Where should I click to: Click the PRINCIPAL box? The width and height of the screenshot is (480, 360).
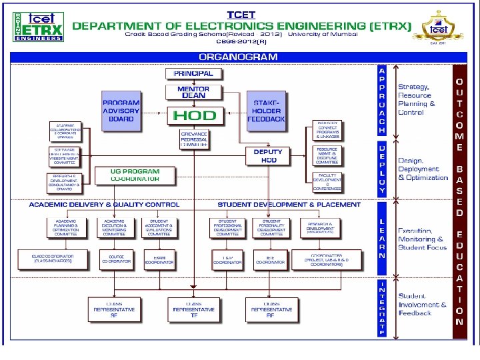193,73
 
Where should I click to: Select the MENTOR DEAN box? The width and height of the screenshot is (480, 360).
193,92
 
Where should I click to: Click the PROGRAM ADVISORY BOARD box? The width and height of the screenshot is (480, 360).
121,111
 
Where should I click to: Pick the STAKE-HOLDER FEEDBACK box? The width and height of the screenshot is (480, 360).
266,111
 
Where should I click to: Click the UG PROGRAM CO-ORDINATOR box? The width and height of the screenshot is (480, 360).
135,175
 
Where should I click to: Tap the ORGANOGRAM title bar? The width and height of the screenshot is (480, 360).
238,57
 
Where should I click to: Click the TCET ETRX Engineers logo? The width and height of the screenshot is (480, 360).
38,25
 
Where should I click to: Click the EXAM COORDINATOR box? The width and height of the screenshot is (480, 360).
159,260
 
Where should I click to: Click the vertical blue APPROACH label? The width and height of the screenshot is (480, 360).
381,100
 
